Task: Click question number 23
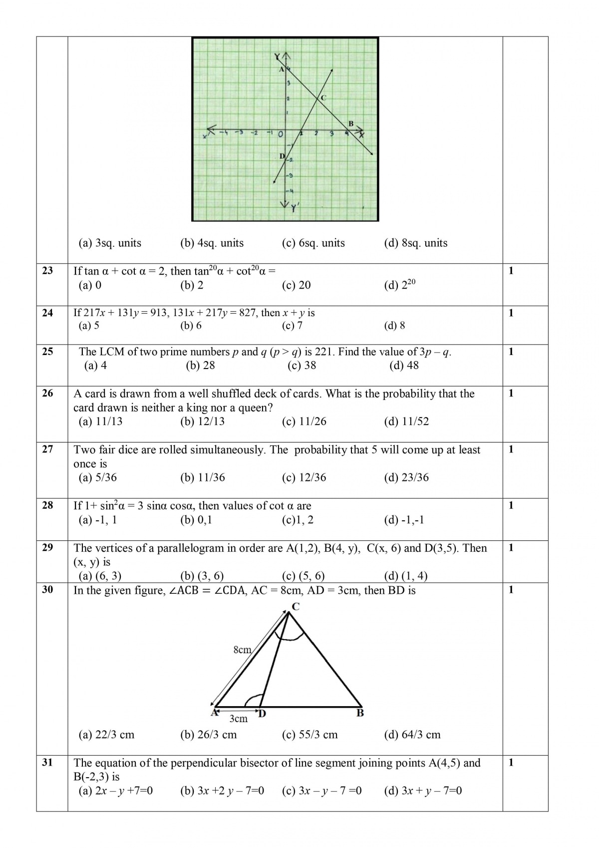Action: (47, 271)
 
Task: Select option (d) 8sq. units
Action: (415, 243)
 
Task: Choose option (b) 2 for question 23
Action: (192, 285)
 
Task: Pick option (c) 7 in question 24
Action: (292, 326)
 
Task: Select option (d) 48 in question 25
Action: (404, 366)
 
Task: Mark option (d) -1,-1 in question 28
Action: (404, 520)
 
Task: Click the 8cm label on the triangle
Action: (242, 650)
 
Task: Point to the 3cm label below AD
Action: (238, 719)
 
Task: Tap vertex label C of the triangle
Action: (296, 607)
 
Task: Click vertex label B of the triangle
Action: (360, 713)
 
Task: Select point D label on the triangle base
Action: (262, 714)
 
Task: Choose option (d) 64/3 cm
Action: (412, 735)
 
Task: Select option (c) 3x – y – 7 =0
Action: (321, 791)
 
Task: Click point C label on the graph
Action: (323, 98)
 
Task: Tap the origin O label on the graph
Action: (281, 134)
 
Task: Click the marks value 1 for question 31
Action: (511, 763)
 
